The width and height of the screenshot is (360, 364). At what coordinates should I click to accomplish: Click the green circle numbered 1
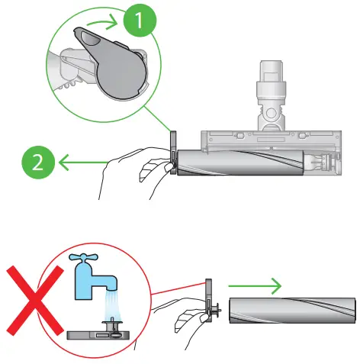click(x=140, y=20)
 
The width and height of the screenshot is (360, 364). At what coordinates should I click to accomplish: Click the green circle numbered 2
click(x=38, y=163)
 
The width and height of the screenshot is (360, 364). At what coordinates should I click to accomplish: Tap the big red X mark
click(x=35, y=301)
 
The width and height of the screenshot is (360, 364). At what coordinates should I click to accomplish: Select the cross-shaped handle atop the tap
click(x=83, y=258)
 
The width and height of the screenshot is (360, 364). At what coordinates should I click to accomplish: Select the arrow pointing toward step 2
click(x=83, y=163)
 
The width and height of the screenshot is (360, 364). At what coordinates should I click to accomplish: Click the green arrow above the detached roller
click(x=255, y=286)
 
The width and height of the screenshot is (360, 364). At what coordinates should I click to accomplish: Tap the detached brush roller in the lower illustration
click(x=292, y=311)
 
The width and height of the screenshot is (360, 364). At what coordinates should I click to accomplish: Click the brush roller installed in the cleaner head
click(x=240, y=163)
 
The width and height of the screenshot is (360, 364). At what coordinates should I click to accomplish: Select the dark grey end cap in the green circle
click(x=112, y=63)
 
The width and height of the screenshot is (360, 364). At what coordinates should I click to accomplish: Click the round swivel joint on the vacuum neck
click(x=271, y=113)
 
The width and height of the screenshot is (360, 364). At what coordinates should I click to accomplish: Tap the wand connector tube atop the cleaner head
click(x=271, y=78)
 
